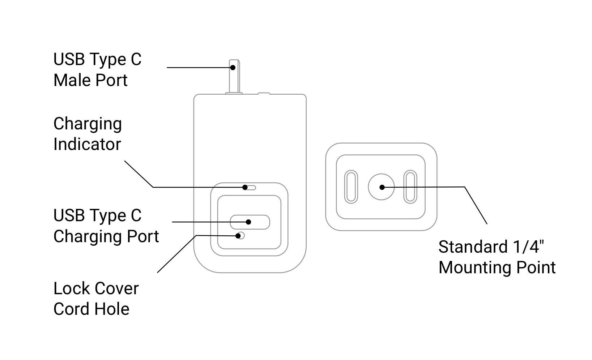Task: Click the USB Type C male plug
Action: coord(234,76)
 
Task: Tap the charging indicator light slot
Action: coord(250,187)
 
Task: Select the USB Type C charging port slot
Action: coord(250,222)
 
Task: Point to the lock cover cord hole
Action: coord(240,236)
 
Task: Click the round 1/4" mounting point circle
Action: coord(381,187)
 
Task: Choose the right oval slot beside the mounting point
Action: coord(410,187)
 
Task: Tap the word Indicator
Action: coord(87,144)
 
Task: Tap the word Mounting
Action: coord(474,268)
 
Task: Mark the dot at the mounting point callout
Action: coord(382,187)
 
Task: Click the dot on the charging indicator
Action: coord(245,187)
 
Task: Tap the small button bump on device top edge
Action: coord(264,94)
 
